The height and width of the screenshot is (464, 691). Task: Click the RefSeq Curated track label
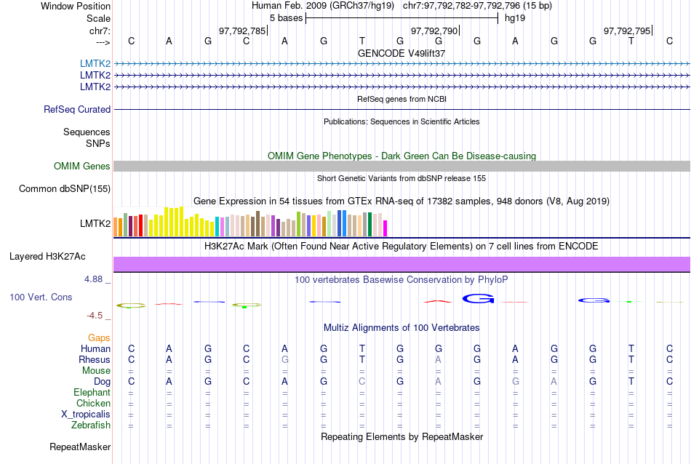tap(77, 110)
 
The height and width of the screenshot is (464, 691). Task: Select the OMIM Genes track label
tap(82, 167)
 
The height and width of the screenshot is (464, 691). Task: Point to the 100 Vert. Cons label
tap(41, 297)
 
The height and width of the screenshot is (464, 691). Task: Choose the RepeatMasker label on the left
tap(80, 447)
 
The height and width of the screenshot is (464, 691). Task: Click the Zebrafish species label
tap(92, 425)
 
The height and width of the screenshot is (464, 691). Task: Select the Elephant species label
tap(92, 393)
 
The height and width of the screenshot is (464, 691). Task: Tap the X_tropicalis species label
tap(86, 415)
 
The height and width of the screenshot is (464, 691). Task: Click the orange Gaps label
tap(99, 338)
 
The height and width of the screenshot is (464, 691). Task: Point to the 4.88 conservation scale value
tap(97, 279)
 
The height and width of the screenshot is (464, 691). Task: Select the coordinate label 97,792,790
tap(434, 31)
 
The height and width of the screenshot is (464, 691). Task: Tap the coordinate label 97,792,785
tap(242, 31)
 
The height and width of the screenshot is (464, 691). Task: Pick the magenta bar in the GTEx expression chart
tap(386, 228)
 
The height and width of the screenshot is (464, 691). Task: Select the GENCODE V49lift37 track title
tap(402, 53)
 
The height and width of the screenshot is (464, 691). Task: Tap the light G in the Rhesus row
tap(285, 360)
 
